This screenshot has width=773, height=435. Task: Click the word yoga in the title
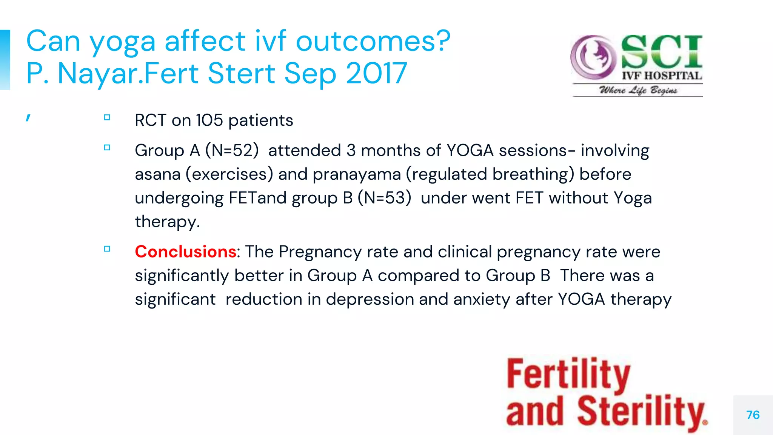pyautogui.click(x=122, y=42)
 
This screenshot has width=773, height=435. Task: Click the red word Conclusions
pyautogui.click(x=185, y=251)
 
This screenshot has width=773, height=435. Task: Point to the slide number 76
pyautogui.click(x=753, y=415)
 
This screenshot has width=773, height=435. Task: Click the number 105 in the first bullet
pyautogui.click(x=209, y=120)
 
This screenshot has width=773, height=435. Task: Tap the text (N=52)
pyautogui.click(x=232, y=150)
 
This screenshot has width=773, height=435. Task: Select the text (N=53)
pyautogui.click(x=384, y=198)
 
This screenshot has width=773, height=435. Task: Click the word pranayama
pyautogui.click(x=357, y=174)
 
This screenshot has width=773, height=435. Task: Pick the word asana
pyautogui.click(x=158, y=174)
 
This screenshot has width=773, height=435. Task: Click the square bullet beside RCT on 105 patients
pyautogui.click(x=107, y=117)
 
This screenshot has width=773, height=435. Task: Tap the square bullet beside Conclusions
pyautogui.click(x=107, y=249)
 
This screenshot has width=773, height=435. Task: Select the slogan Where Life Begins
pyautogui.click(x=638, y=90)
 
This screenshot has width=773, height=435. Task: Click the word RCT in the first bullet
pyautogui.click(x=150, y=120)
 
